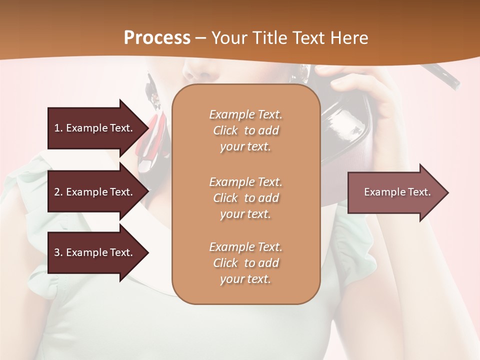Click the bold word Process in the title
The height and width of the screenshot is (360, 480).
tap(157, 38)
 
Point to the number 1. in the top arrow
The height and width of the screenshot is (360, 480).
tap(58, 128)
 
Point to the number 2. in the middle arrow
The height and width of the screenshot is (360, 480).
tap(58, 192)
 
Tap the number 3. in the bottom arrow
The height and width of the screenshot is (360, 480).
tap(58, 252)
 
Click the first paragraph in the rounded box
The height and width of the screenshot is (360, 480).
tap(245, 130)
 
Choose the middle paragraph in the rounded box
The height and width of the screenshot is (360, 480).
tap(245, 198)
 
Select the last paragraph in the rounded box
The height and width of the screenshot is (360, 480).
tap(245, 263)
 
